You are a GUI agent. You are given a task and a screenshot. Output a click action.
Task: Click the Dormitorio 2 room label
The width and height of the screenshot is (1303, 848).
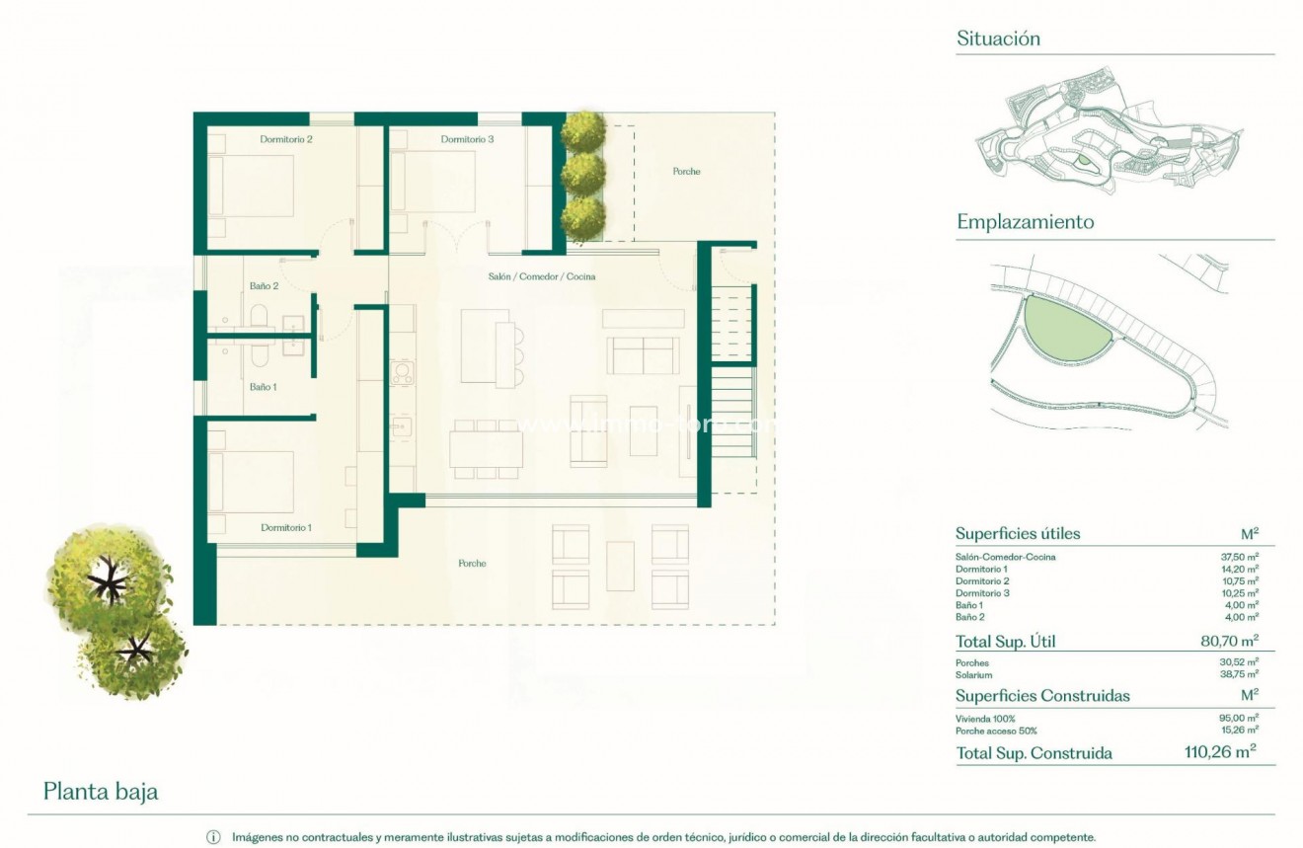point(286,139)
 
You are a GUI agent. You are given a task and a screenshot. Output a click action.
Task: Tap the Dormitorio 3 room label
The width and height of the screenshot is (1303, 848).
point(467,139)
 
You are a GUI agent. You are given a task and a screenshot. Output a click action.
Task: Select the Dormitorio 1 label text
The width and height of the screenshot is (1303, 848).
point(286,528)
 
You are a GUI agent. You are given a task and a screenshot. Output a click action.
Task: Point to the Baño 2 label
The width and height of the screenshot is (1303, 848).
point(264,286)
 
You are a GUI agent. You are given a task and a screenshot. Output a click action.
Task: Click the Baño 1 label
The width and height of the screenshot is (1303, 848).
point(263,387)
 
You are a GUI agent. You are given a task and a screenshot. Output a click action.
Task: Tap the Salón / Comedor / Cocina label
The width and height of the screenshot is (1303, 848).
point(541,277)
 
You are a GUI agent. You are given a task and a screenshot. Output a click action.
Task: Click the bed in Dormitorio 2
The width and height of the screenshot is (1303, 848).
point(252,186)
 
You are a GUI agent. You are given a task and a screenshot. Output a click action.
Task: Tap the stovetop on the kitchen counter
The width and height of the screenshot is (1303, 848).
point(402,373)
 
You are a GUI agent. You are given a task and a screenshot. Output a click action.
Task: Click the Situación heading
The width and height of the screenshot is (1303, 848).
point(998,39)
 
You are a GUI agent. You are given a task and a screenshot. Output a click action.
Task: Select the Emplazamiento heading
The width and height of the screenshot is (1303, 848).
point(1025,222)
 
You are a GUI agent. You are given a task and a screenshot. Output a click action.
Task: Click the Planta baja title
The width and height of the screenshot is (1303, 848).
point(101,792)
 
